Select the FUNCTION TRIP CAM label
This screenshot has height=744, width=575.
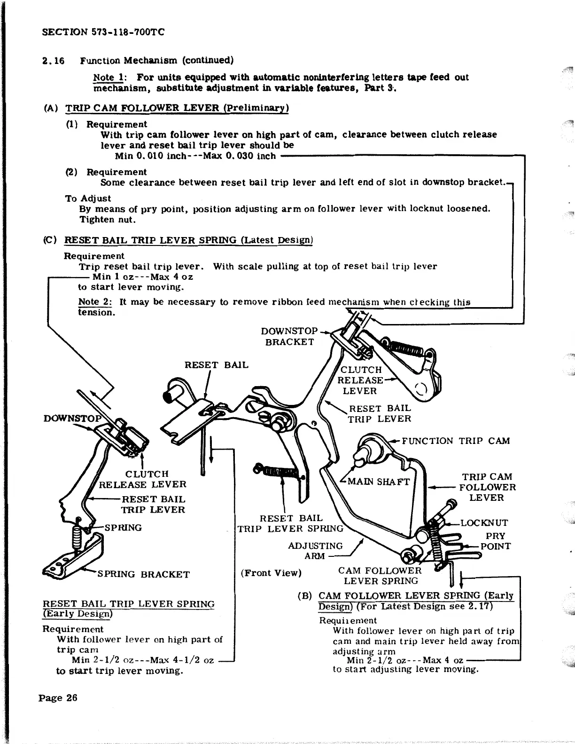pos(456,441)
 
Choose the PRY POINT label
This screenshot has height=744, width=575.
pos(495,541)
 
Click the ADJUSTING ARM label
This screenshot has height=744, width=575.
pos(315,551)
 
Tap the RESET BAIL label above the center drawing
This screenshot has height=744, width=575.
pos(216,364)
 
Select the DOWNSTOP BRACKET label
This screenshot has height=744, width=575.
pos(289,336)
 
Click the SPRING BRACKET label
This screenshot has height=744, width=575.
pos(143,574)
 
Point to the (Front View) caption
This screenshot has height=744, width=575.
pos(271,573)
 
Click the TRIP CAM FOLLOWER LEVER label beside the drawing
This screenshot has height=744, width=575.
pos(487,487)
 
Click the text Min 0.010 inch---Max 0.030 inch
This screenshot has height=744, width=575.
pos(195,156)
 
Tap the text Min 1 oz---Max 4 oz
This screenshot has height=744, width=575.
pos(142,277)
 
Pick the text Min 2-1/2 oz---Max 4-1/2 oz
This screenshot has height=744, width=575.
pos(142,660)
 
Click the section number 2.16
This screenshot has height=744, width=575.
pos(53,61)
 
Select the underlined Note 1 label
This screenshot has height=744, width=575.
pos(108,77)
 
